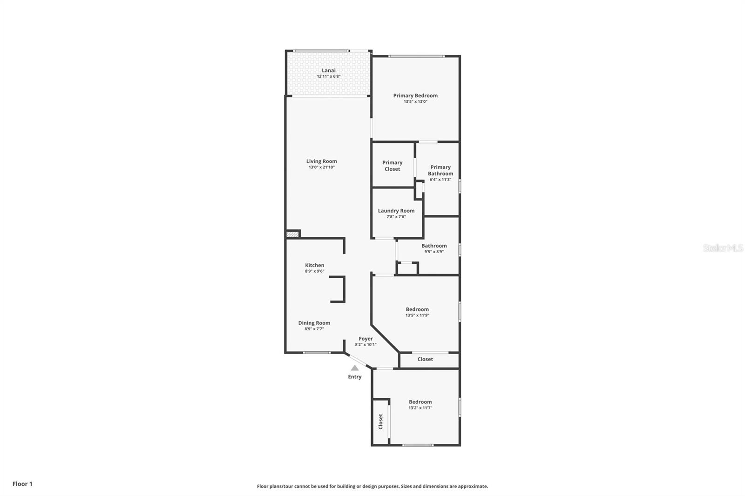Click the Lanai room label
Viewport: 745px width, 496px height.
(x=328, y=70)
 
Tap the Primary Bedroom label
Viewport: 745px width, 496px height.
(x=415, y=95)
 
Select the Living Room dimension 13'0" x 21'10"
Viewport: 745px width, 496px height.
(x=321, y=167)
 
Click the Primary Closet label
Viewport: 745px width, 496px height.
(x=392, y=166)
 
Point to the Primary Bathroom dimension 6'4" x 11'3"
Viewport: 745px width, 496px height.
(x=440, y=180)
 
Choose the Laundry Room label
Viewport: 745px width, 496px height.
(x=396, y=211)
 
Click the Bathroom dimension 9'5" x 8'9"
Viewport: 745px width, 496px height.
(x=433, y=252)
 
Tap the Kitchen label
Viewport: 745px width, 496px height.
(x=314, y=265)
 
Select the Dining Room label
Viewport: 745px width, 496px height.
(x=314, y=323)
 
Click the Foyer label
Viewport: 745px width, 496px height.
(x=366, y=339)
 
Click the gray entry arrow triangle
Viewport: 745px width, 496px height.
(x=355, y=368)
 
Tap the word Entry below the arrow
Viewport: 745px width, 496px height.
(x=354, y=377)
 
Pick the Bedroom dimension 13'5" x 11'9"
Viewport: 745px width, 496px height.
(x=417, y=315)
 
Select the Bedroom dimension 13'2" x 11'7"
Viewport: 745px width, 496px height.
(x=420, y=408)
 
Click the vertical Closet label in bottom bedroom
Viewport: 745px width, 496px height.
(x=380, y=422)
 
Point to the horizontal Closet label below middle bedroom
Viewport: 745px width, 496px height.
(x=425, y=359)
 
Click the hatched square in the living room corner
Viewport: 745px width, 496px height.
(x=292, y=234)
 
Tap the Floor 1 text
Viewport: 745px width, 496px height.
(x=22, y=484)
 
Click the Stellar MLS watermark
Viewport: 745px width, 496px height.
(x=723, y=248)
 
